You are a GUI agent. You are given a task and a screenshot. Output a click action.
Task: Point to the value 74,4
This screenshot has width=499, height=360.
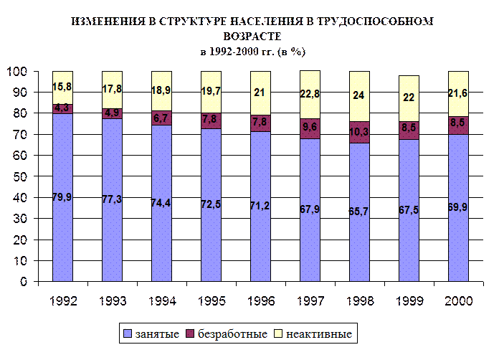coord(161,202)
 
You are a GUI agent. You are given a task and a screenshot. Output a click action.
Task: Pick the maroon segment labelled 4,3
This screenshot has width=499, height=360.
coord(62,108)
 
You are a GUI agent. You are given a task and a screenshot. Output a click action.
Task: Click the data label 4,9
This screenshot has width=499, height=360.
coord(112,113)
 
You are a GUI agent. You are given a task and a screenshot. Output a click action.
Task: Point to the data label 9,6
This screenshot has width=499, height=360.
coord(310,127)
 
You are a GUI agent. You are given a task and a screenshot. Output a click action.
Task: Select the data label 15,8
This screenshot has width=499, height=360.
coord(62,86)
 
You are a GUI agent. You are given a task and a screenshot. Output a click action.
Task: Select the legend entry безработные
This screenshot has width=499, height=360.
coord(226,334)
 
